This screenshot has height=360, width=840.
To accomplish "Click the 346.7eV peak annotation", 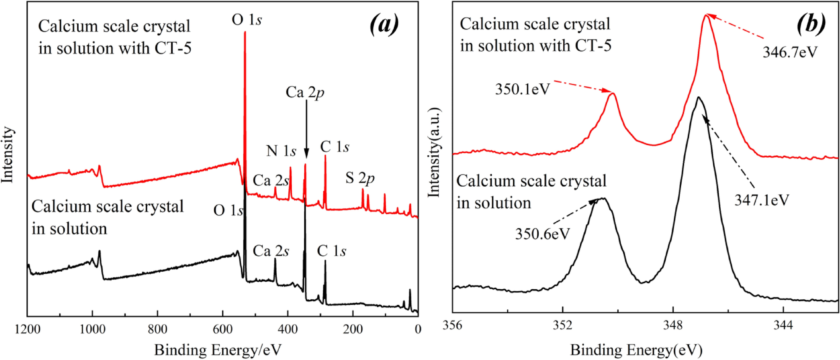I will pyautogui.click(x=789, y=52).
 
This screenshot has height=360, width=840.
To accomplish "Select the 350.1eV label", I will pyautogui.click(x=522, y=89).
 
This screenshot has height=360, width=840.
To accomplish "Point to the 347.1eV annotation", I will pyautogui.click(x=761, y=200).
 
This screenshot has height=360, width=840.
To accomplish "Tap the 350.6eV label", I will pyautogui.click(x=542, y=234).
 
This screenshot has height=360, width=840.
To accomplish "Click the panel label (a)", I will pyautogui.click(x=384, y=24).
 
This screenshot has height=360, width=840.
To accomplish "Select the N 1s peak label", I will pyautogui.click(x=281, y=151).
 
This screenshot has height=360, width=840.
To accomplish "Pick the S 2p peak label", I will pyautogui.click(x=360, y=178).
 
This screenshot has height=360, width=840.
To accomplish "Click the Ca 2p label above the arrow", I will pyautogui.click(x=305, y=92).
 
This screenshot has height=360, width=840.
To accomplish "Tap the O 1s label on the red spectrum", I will pyautogui.click(x=247, y=20).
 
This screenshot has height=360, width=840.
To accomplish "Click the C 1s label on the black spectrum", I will pyautogui.click(x=331, y=251).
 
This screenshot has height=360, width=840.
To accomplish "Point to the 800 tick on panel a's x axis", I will pyautogui.click(x=157, y=329).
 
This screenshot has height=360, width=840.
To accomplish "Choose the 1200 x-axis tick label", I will pyautogui.click(x=28, y=329).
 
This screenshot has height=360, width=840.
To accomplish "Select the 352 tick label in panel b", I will pyautogui.click(x=563, y=325).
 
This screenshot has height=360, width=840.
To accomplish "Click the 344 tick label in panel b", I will pyautogui.click(x=783, y=325).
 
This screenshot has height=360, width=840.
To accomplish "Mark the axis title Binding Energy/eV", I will pyautogui.click(x=218, y=350).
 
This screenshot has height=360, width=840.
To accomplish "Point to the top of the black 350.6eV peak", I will pyautogui.click(x=603, y=199).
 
